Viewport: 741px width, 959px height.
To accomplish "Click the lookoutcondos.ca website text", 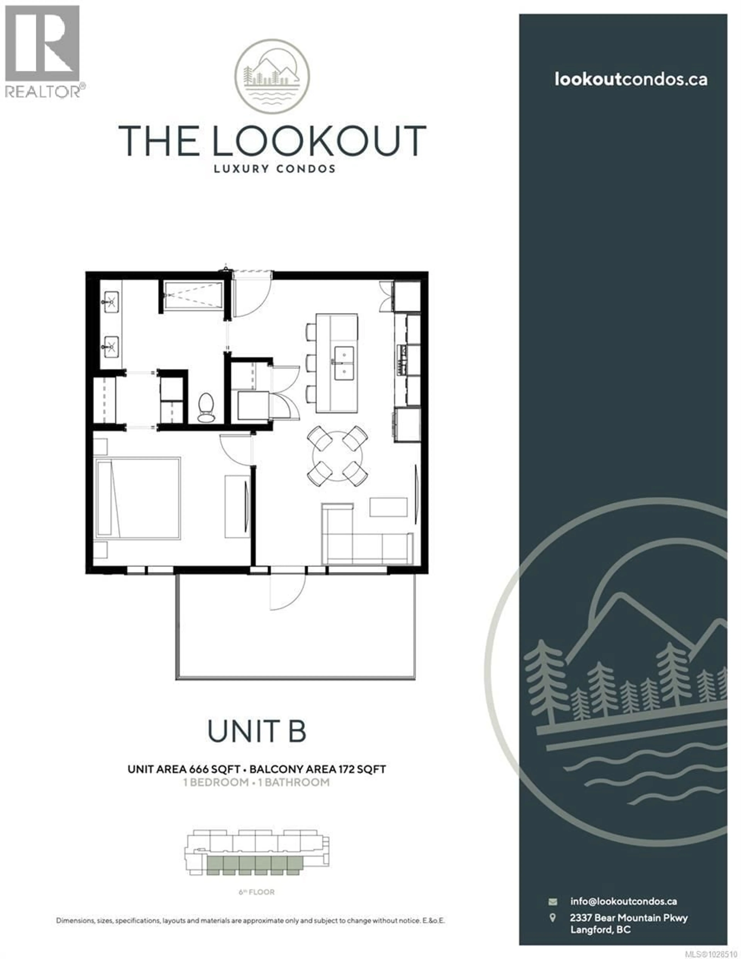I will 630,79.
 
